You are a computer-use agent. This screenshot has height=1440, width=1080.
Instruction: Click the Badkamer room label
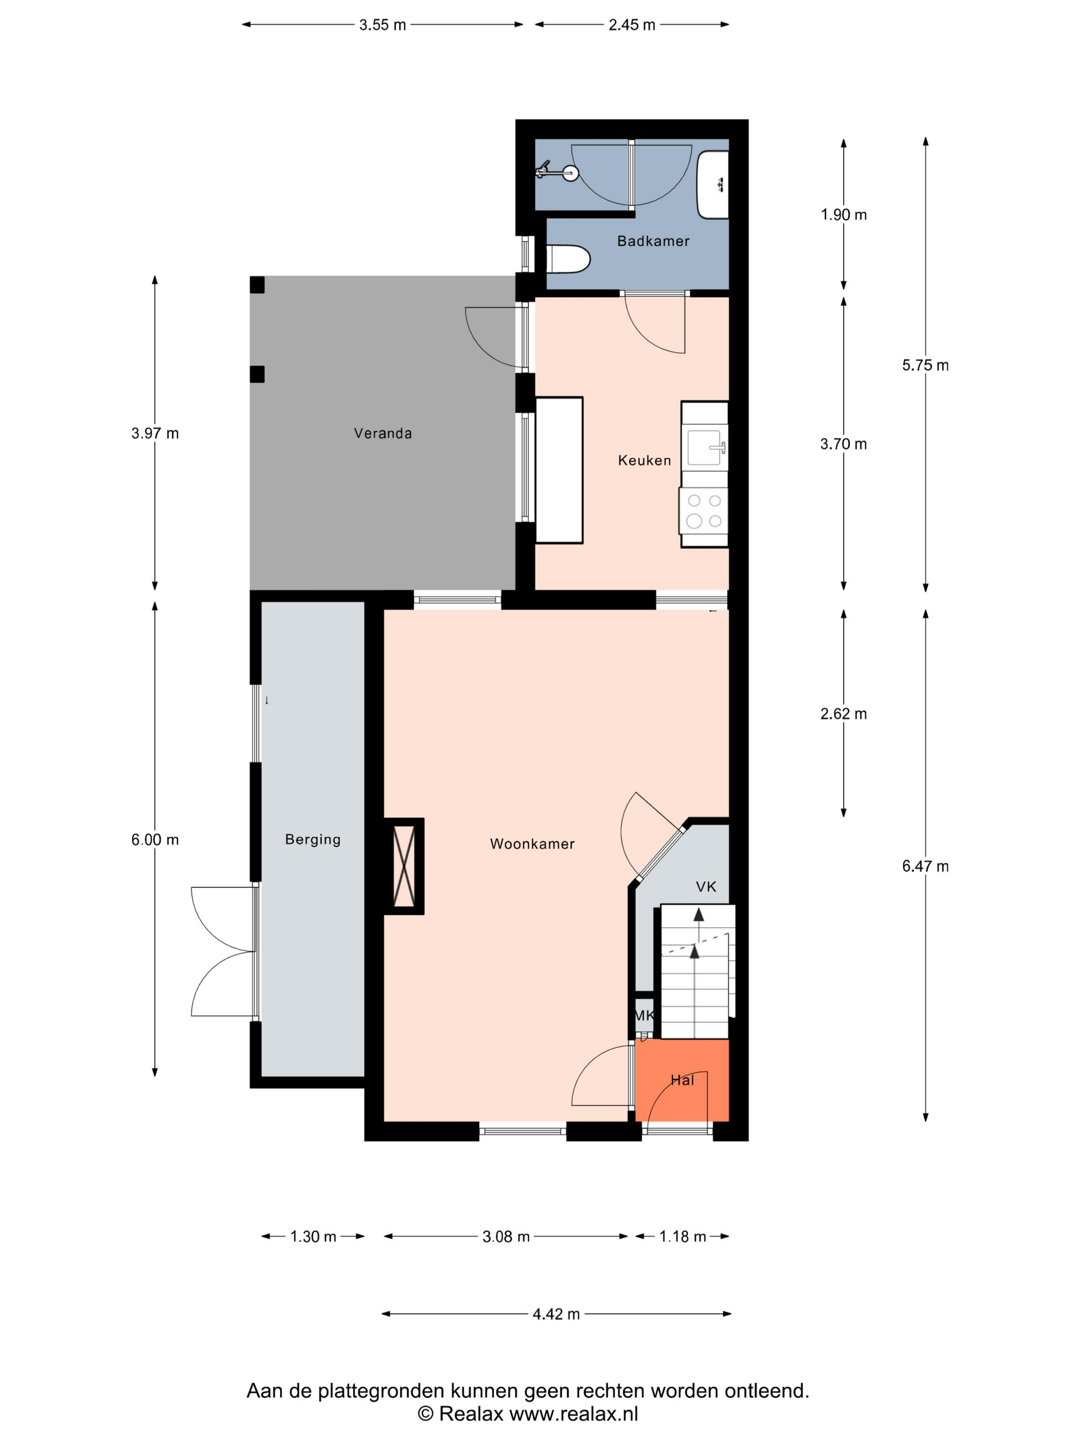[x=653, y=241]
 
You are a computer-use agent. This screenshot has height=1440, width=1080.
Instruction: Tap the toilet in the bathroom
[x=568, y=259]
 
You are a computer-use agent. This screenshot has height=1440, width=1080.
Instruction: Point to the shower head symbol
[x=556, y=172]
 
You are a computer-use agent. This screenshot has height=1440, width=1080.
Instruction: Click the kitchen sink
[x=706, y=447]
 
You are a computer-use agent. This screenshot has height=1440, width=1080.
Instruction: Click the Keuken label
[x=644, y=460]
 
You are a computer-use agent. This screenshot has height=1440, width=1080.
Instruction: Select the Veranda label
[x=383, y=433]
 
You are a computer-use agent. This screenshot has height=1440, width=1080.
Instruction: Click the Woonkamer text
[x=532, y=844]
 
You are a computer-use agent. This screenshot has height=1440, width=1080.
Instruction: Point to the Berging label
[x=313, y=839]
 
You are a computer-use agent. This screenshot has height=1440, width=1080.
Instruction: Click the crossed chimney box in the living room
[x=404, y=866]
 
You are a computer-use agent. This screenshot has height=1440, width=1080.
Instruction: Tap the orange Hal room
[x=681, y=1080]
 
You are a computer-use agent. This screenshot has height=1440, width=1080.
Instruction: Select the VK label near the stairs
[x=706, y=886]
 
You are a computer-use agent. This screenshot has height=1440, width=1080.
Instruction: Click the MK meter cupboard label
[x=644, y=1015]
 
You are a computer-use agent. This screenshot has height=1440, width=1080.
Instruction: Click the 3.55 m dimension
[x=383, y=25]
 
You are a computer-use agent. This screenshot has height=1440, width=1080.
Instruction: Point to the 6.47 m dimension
[x=925, y=866]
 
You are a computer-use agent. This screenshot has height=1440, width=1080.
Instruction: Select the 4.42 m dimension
[x=556, y=1313]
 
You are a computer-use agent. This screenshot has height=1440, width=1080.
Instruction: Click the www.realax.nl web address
[x=573, y=1413]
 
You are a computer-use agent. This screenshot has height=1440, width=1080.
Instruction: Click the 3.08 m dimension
[x=506, y=1236]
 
